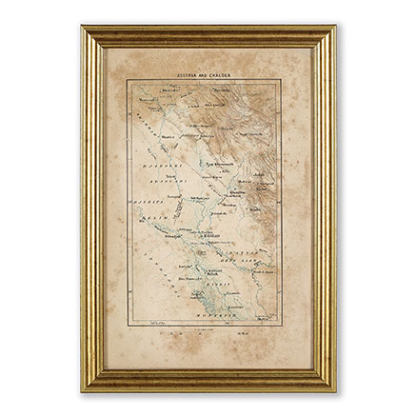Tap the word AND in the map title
click(x=207, y=71)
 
